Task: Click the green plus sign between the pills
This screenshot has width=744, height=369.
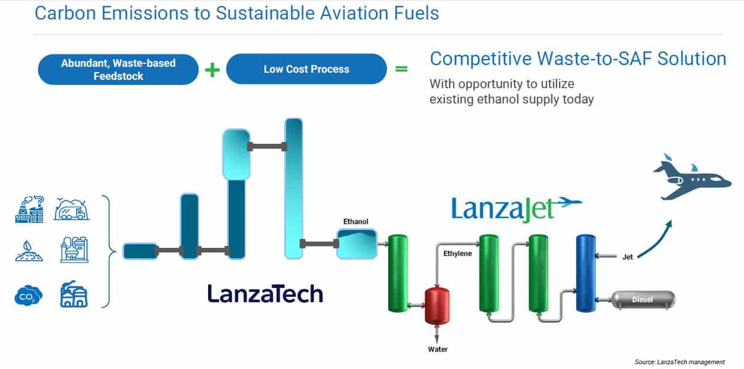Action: point(212,70)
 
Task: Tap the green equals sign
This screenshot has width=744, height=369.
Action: point(401,69)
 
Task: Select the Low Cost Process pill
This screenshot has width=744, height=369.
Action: point(306,69)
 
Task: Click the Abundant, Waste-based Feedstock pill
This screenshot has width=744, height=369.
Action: point(118,69)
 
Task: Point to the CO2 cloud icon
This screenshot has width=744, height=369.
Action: point(28,295)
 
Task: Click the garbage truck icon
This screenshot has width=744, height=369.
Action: point(72,209)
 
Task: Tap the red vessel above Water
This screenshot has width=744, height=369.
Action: point(437,306)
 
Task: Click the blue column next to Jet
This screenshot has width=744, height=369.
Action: point(586,273)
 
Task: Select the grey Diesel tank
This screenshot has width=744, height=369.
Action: point(643,300)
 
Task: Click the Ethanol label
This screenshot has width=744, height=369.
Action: point(356,221)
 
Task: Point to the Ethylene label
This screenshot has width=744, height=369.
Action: point(457,253)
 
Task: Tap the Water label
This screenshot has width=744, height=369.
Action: point(438,349)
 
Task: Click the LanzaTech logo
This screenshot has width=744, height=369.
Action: point(265,293)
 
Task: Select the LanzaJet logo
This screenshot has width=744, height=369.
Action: point(516,209)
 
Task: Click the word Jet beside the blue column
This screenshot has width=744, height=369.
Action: point(628,257)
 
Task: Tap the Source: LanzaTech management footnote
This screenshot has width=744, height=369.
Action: point(680,362)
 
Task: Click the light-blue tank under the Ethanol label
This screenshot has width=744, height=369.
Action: point(357,244)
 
